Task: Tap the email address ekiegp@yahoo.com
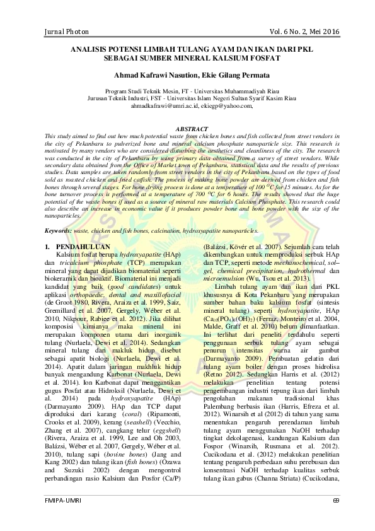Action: tap(221, 105)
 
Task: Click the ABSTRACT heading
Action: tap(187, 128)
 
